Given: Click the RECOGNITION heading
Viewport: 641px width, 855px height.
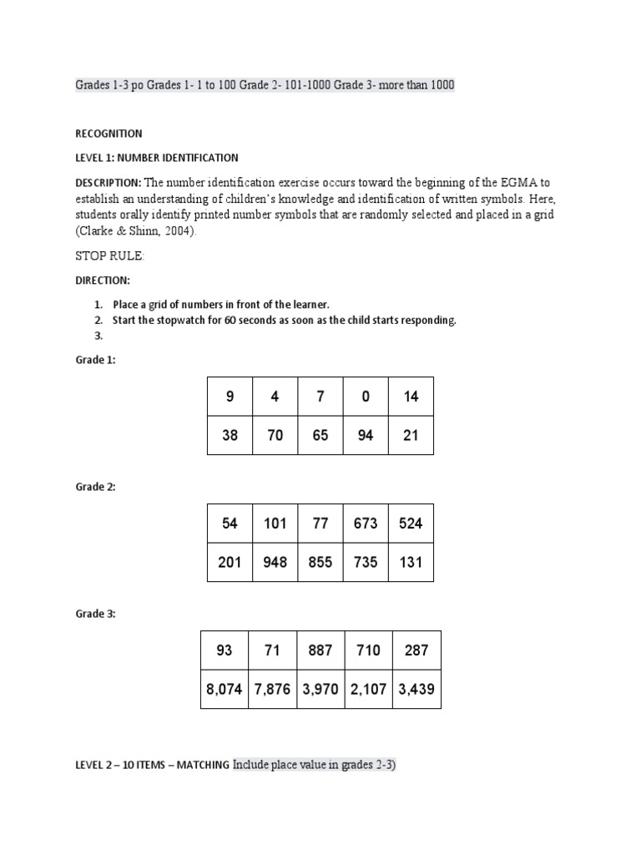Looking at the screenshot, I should (x=109, y=134).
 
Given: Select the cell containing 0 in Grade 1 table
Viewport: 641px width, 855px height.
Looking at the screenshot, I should (x=366, y=397).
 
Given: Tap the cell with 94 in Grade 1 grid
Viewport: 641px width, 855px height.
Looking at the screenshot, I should (x=366, y=435).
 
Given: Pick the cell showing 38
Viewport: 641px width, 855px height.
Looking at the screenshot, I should (x=230, y=435).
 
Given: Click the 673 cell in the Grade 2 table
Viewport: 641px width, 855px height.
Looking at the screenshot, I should (x=366, y=524).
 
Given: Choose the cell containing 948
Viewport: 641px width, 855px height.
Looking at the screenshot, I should (x=275, y=562).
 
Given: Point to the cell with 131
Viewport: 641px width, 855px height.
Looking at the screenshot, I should (x=411, y=562).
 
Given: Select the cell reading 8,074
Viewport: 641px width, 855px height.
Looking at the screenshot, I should (x=225, y=690).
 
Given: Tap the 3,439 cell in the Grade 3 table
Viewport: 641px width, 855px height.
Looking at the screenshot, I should (x=416, y=690).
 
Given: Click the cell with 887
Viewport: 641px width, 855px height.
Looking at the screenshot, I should (x=320, y=650).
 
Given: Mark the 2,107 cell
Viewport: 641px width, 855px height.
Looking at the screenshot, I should (x=368, y=690).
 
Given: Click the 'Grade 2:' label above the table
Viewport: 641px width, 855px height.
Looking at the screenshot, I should (x=95, y=487).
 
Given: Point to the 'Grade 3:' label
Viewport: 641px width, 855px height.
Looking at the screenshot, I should (x=95, y=614).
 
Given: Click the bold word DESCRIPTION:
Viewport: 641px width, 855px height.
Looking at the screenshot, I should (x=109, y=183).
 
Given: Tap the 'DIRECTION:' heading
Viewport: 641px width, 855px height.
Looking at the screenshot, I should (x=102, y=281).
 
